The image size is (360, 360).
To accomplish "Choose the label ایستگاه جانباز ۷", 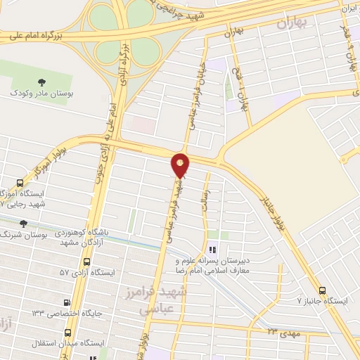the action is (323, 301).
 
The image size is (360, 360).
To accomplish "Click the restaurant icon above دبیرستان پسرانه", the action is (213, 248).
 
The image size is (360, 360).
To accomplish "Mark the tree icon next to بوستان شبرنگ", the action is (24, 224).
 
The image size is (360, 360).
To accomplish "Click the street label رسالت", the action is (205, 185).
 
